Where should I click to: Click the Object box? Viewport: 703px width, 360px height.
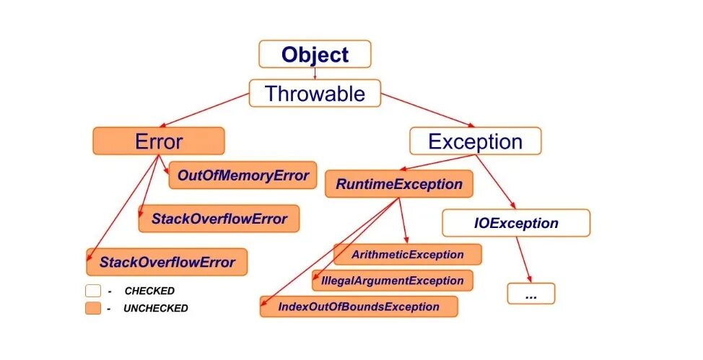click(315, 54)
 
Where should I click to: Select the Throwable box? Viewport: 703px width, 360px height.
click(315, 93)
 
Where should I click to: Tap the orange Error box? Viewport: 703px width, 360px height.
click(158, 141)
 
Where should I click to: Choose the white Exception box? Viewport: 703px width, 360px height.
click(475, 141)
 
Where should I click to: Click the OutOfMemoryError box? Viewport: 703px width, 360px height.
click(243, 175)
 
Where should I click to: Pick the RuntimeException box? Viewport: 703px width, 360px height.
click(398, 184)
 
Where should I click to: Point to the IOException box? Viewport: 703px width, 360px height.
click(515, 223)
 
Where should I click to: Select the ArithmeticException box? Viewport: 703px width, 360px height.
click(407, 255)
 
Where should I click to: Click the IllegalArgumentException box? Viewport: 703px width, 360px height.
click(393, 281)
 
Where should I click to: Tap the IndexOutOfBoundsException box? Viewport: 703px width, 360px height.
click(359, 307)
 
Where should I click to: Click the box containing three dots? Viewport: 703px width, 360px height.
click(530, 294)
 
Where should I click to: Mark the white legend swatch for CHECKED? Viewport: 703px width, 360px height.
click(92, 291)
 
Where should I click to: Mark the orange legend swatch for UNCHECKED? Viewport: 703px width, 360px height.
click(92, 308)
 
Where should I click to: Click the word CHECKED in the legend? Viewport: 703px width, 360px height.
click(149, 291)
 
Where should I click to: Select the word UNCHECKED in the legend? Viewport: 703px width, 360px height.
click(156, 308)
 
